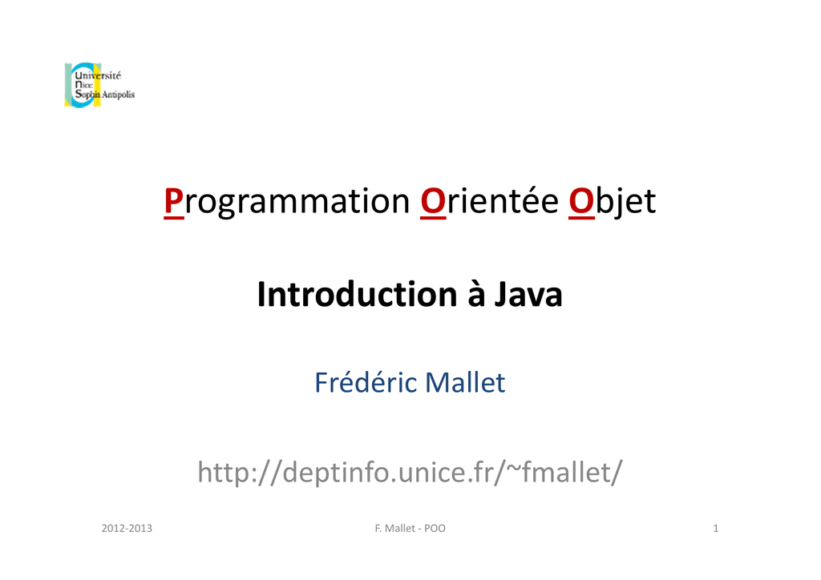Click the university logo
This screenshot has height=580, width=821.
coord(99,85)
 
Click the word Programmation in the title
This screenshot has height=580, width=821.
coord(286,201)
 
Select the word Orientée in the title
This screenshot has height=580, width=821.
coord(490,200)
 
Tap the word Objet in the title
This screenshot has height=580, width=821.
coord(612,201)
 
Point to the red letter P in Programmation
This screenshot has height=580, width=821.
coord(173,201)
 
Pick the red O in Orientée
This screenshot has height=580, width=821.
coord(433,201)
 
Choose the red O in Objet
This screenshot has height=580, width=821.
coord(582,201)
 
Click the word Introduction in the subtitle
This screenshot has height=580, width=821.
coord(357,294)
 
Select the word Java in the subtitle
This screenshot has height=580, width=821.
coord(528,295)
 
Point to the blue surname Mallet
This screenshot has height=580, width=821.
coord(465,382)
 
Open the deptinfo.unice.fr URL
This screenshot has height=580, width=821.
coord(410,473)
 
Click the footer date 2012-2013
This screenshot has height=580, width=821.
coord(127,528)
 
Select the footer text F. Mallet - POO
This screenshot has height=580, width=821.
coord(410,528)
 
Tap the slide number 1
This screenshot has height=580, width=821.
coord(716,528)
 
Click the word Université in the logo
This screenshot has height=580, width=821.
coord(98,75)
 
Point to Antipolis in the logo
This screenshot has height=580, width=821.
coord(118,95)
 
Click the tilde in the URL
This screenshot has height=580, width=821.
coord(513,466)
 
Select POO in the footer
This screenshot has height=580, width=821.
coord(435,528)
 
